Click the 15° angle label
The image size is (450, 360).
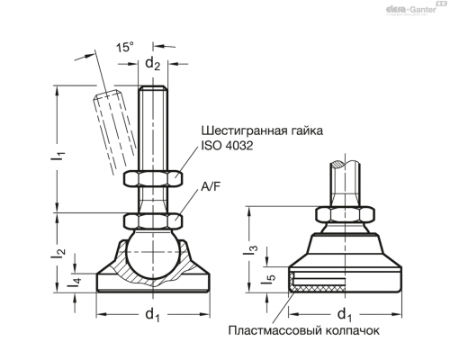pyautogui.click(x=125, y=47)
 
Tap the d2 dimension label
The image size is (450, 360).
pyautogui.click(x=153, y=64)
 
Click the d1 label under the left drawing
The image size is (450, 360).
pyautogui.click(x=153, y=315)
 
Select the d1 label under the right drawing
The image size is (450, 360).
pyautogui.click(x=345, y=315)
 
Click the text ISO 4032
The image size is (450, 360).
pyautogui.click(x=227, y=146)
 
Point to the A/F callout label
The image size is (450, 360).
pyautogui.click(x=211, y=187)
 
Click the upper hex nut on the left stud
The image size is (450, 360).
pyautogui.click(x=153, y=178)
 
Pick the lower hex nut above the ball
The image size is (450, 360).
pyautogui.click(x=153, y=221)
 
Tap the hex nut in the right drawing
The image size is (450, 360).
pyautogui.click(x=345, y=214)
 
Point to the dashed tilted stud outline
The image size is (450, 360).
pyautogui.click(x=113, y=132)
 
